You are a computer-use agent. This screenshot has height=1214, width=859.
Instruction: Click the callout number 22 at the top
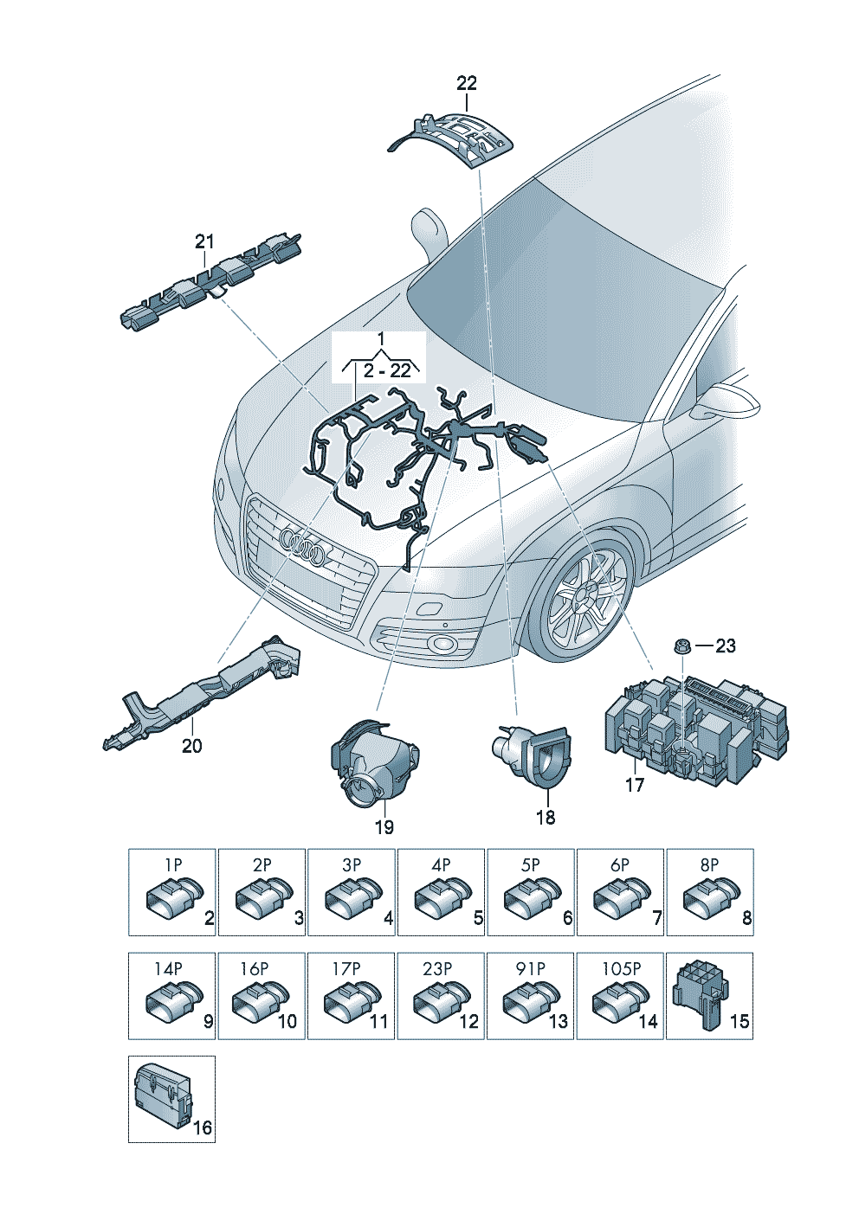(466, 83)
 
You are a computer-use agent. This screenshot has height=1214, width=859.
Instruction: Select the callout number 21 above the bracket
(203, 241)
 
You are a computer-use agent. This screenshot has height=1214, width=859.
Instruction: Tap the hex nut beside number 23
(681, 646)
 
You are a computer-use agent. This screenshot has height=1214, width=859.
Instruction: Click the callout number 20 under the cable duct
(191, 746)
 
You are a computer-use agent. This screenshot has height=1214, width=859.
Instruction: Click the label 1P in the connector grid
(173, 864)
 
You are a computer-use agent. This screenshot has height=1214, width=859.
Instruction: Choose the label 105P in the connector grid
(621, 968)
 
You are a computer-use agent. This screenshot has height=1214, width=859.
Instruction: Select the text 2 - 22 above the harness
(387, 370)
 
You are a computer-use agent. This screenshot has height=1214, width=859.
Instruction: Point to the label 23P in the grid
(437, 968)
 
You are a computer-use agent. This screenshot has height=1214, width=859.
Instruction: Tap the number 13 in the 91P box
(558, 1021)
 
